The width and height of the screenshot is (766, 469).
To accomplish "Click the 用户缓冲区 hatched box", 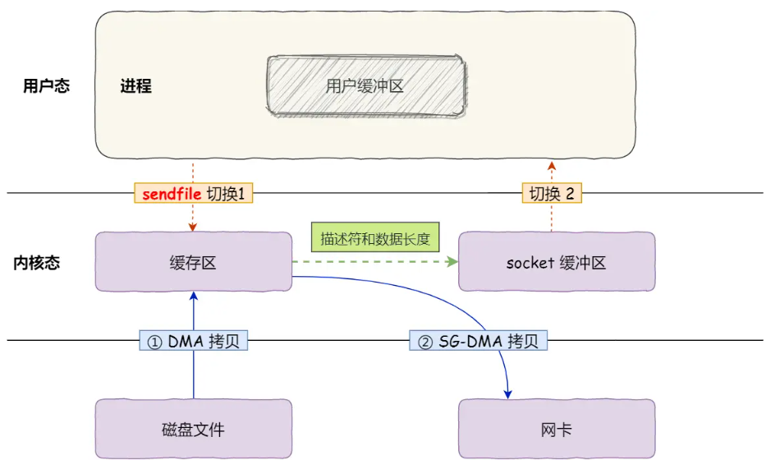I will click(x=365, y=85).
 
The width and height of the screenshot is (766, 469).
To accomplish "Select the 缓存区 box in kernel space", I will click(x=193, y=262).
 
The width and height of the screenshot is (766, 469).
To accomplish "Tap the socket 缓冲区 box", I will click(x=556, y=262).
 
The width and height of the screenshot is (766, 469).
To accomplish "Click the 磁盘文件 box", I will click(x=193, y=429).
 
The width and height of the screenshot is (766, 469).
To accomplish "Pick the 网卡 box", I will click(x=556, y=429).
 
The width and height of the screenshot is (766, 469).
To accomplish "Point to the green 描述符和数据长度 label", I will click(x=375, y=238).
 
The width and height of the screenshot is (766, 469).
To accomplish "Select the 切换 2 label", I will click(x=552, y=194).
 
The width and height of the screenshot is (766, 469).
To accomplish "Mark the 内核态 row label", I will click(x=37, y=263).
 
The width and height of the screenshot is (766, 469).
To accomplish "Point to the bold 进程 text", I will click(x=136, y=86).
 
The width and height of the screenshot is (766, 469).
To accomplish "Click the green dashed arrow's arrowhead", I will click(x=452, y=262).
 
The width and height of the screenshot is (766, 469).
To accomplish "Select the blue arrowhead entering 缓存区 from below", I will click(x=193, y=296).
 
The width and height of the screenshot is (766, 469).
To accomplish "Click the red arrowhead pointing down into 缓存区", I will click(x=193, y=228).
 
